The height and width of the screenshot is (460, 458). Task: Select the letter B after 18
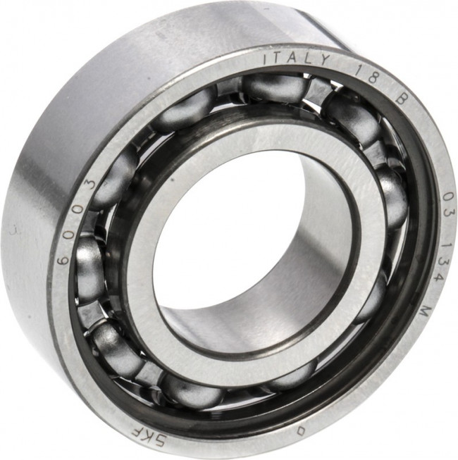pos(401,99)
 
